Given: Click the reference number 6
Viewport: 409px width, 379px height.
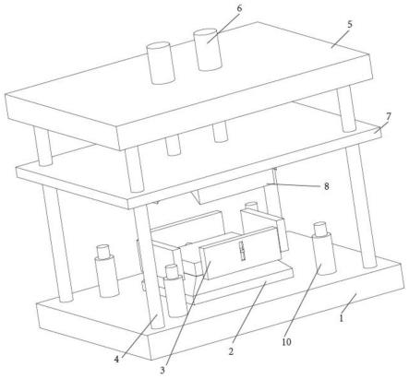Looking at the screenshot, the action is point(239,8).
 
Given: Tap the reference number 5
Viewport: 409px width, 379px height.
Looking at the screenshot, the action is point(350,25).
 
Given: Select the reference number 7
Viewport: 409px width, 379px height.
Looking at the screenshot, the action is point(389,116).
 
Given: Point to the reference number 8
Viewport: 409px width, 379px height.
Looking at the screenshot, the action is point(326,186).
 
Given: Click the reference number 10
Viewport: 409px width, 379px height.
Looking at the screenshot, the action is point(286,342).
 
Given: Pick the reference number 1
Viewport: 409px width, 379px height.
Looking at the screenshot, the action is point(341,318).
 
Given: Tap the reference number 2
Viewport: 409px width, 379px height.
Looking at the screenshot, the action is point(231,351).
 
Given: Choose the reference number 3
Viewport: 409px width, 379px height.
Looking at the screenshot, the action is point(162,371).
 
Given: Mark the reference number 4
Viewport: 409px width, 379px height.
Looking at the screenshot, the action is point(116,359).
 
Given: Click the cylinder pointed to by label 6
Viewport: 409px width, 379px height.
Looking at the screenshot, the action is point(208,50).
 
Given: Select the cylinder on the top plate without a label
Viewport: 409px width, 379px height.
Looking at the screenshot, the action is point(161,64).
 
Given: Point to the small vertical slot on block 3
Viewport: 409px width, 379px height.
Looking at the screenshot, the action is point(243,251).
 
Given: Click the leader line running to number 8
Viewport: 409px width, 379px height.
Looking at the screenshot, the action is point(294,184).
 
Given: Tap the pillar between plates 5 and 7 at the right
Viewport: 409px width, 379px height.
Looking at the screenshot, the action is point(346,110).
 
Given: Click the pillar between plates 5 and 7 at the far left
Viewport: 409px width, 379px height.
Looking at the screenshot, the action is point(42,147).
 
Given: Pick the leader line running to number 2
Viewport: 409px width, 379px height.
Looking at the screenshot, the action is point(249,314).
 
